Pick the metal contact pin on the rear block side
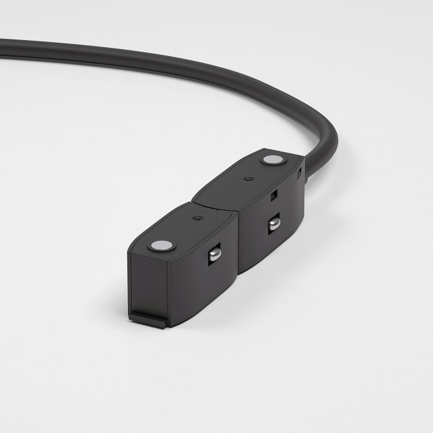pos(274,225)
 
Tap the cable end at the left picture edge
pos(3,46)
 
